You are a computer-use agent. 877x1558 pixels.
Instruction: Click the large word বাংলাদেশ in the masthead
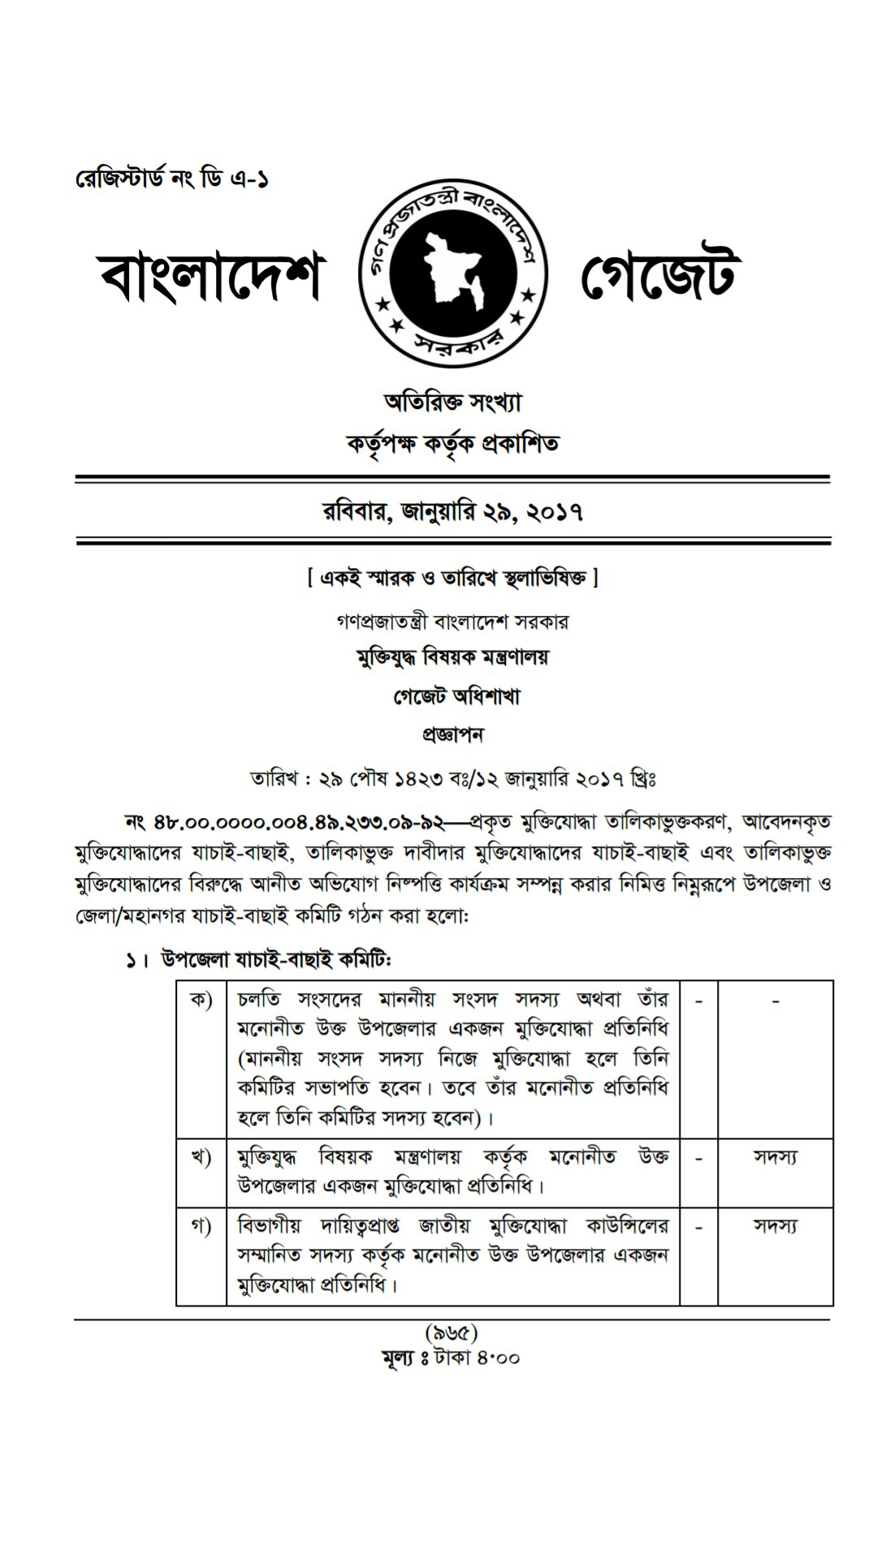[210, 275]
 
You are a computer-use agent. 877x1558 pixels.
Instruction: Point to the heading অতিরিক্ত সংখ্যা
[452, 402]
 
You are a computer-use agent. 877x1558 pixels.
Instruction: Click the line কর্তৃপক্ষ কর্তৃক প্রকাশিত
[452, 444]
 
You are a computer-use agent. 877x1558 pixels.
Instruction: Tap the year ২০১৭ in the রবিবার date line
[555, 512]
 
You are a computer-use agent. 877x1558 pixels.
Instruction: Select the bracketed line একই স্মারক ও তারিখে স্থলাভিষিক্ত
[452, 578]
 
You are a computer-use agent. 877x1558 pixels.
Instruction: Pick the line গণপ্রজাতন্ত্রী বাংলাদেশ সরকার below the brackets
[452, 622]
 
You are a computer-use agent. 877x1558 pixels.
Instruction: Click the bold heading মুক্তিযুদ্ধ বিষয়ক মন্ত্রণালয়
[452, 656]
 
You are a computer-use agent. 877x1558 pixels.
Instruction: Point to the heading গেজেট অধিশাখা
[456, 696]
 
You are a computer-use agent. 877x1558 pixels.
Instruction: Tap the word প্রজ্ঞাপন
[452, 735]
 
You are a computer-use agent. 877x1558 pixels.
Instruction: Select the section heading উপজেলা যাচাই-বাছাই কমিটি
[275, 960]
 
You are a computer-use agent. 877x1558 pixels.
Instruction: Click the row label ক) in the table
[201, 999]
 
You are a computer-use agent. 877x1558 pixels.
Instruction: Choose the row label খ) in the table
[201, 1156]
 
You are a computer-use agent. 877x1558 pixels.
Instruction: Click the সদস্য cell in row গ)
[775, 1225]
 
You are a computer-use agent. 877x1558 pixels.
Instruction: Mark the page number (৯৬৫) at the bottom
[451, 1332]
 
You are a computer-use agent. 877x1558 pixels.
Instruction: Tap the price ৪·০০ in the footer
[498, 1357]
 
